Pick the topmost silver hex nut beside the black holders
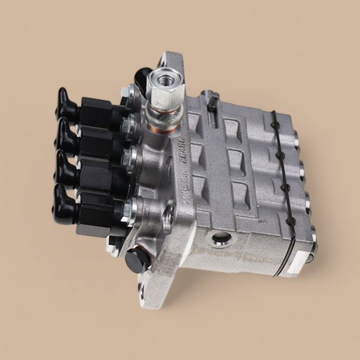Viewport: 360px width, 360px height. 127,93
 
